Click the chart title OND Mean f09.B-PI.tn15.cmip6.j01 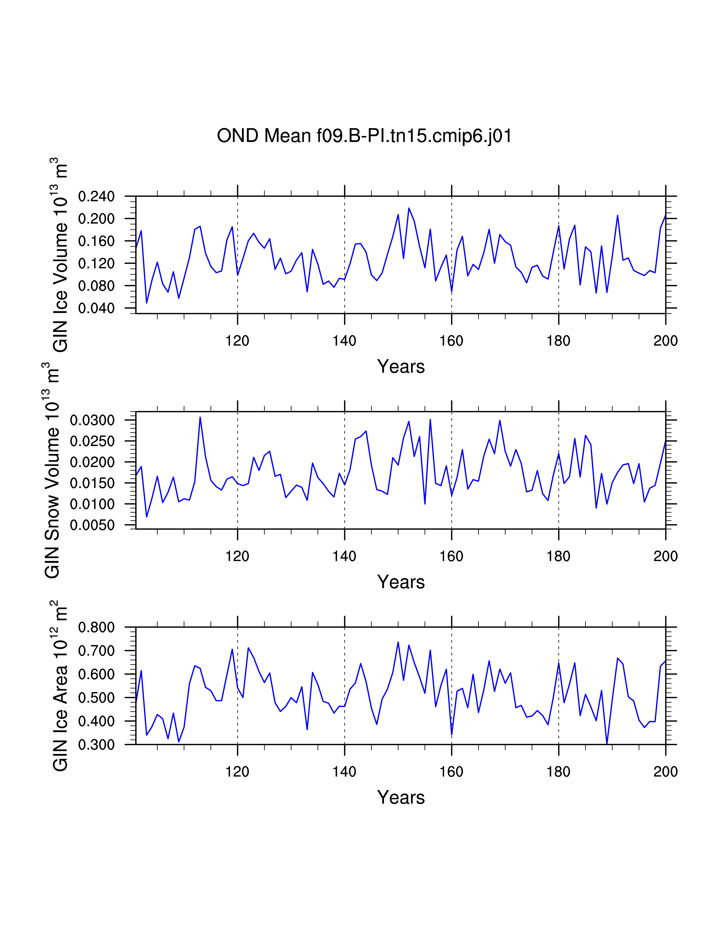[x=364, y=136]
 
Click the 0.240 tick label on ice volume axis [x=96, y=197]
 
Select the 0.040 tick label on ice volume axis [x=96, y=308]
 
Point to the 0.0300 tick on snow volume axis [x=93, y=420]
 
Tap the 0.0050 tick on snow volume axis [x=93, y=525]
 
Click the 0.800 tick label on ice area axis [x=96, y=627]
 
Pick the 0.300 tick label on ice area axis [x=96, y=745]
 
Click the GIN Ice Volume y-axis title [x=59, y=255]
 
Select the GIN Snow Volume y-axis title [x=52, y=470]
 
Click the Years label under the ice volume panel [x=401, y=366]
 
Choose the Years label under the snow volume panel [x=401, y=582]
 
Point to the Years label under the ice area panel [x=401, y=797]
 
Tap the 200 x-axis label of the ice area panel [x=666, y=772]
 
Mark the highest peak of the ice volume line [x=409, y=208]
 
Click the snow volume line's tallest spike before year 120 [x=200, y=417]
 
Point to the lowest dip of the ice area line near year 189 [x=606, y=744]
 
